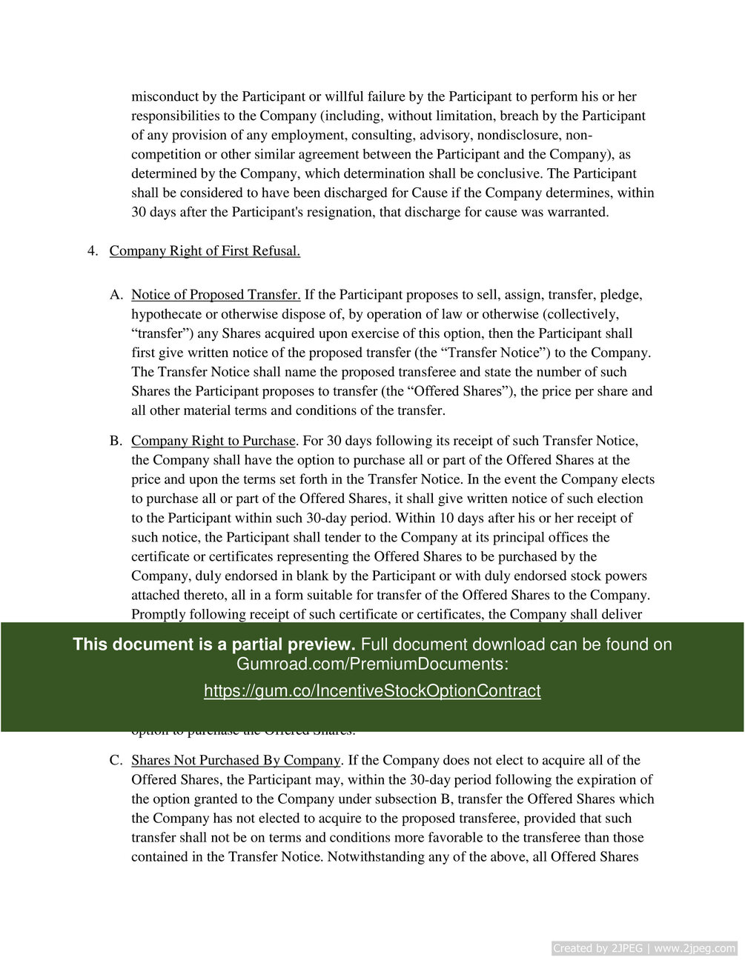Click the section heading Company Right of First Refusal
205,251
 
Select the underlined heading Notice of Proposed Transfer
216,295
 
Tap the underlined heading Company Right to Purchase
213,441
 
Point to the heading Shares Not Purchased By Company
236,760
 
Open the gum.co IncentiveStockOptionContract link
372,691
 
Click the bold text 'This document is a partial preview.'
214,644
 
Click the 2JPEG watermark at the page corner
644,948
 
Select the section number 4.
93,251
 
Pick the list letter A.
116,295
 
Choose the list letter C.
116,760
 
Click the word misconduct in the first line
165,96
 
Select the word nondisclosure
520,135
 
